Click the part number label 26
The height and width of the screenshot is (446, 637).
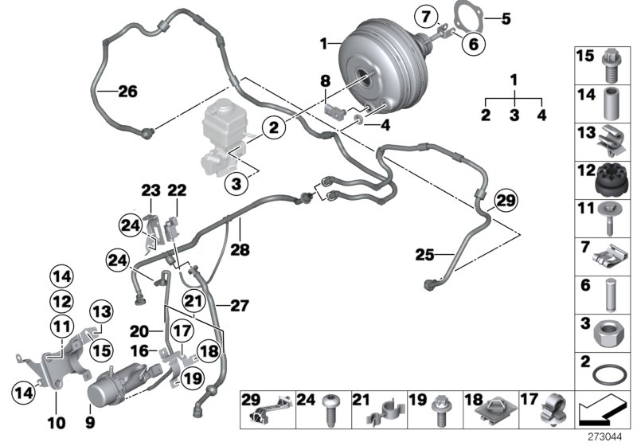pos(127,91)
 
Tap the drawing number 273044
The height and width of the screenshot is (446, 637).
pos(608,436)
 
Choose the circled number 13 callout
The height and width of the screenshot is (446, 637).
pos(102,311)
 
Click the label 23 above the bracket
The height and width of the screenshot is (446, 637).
pos(151,190)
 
